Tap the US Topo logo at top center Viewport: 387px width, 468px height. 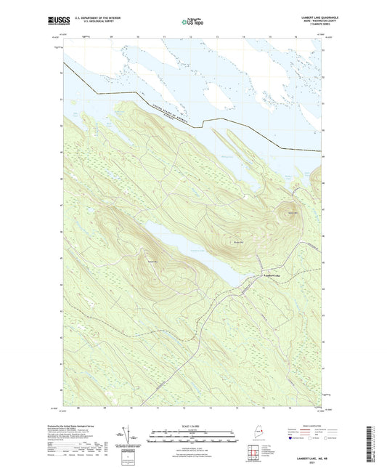pos(192,22)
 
